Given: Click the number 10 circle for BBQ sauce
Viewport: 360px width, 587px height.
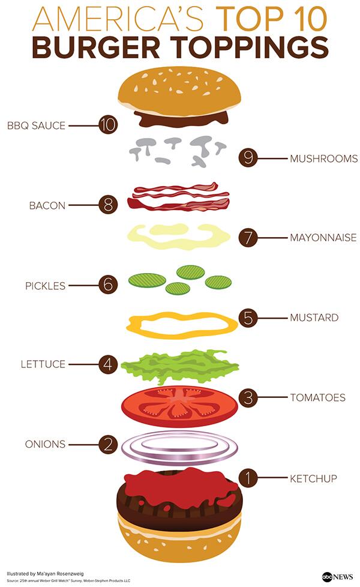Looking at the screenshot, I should (x=108, y=125).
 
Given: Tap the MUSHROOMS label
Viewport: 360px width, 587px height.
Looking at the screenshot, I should (x=323, y=159).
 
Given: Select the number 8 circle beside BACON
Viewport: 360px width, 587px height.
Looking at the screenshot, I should (x=108, y=205).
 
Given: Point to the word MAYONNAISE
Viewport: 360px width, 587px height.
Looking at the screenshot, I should (x=323, y=238).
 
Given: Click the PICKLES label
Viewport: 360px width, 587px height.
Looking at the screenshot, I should (x=45, y=286).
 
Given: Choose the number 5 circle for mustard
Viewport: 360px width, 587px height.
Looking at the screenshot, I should (x=248, y=318).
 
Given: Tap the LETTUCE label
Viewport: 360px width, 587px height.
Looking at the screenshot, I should (x=43, y=364).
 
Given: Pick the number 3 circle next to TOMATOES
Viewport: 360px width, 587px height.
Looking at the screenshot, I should (x=248, y=397).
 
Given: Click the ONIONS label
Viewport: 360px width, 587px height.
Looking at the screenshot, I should (x=45, y=444).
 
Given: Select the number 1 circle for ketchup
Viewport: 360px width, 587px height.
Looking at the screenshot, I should (x=248, y=478).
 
